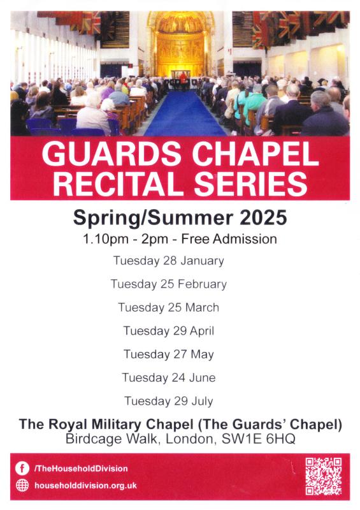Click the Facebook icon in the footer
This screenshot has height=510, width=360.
[x=22, y=469]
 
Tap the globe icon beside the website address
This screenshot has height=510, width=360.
[x=22, y=485]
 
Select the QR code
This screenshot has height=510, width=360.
[x=323, y=476]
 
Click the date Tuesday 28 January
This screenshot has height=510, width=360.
[x=168, y=261]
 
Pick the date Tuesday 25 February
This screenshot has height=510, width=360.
[x=168, y=284]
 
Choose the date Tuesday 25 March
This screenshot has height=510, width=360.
[x=168, y=308]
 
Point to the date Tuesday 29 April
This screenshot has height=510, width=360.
[x=168, y=331]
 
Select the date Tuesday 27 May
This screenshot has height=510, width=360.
[x=168, y=354]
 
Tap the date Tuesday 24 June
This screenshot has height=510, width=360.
[x=168, y=378]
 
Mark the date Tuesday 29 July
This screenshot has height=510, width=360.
[x=168, y=402]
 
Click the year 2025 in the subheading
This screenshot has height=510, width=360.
[x=263, y=217]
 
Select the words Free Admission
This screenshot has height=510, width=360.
[x=229, y=239]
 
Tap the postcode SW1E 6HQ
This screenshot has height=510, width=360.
[x=259, y=439]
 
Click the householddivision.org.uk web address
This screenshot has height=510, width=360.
[x=85, y=486]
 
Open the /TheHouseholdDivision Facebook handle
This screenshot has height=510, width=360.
[x=81, y=469]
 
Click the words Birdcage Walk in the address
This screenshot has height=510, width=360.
[x=112, y=439]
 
